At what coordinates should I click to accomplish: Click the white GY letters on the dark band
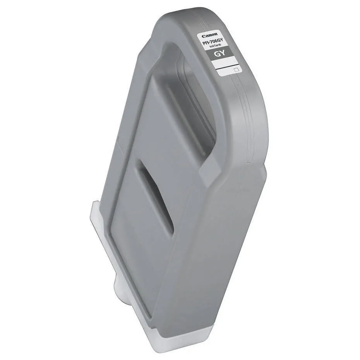pyautogui.click(x=221, y=54)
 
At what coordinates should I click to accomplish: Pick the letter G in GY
pyautogui.click(x=218, y=54)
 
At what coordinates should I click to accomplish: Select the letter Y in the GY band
pyautogui.click(x=223, y=55)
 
